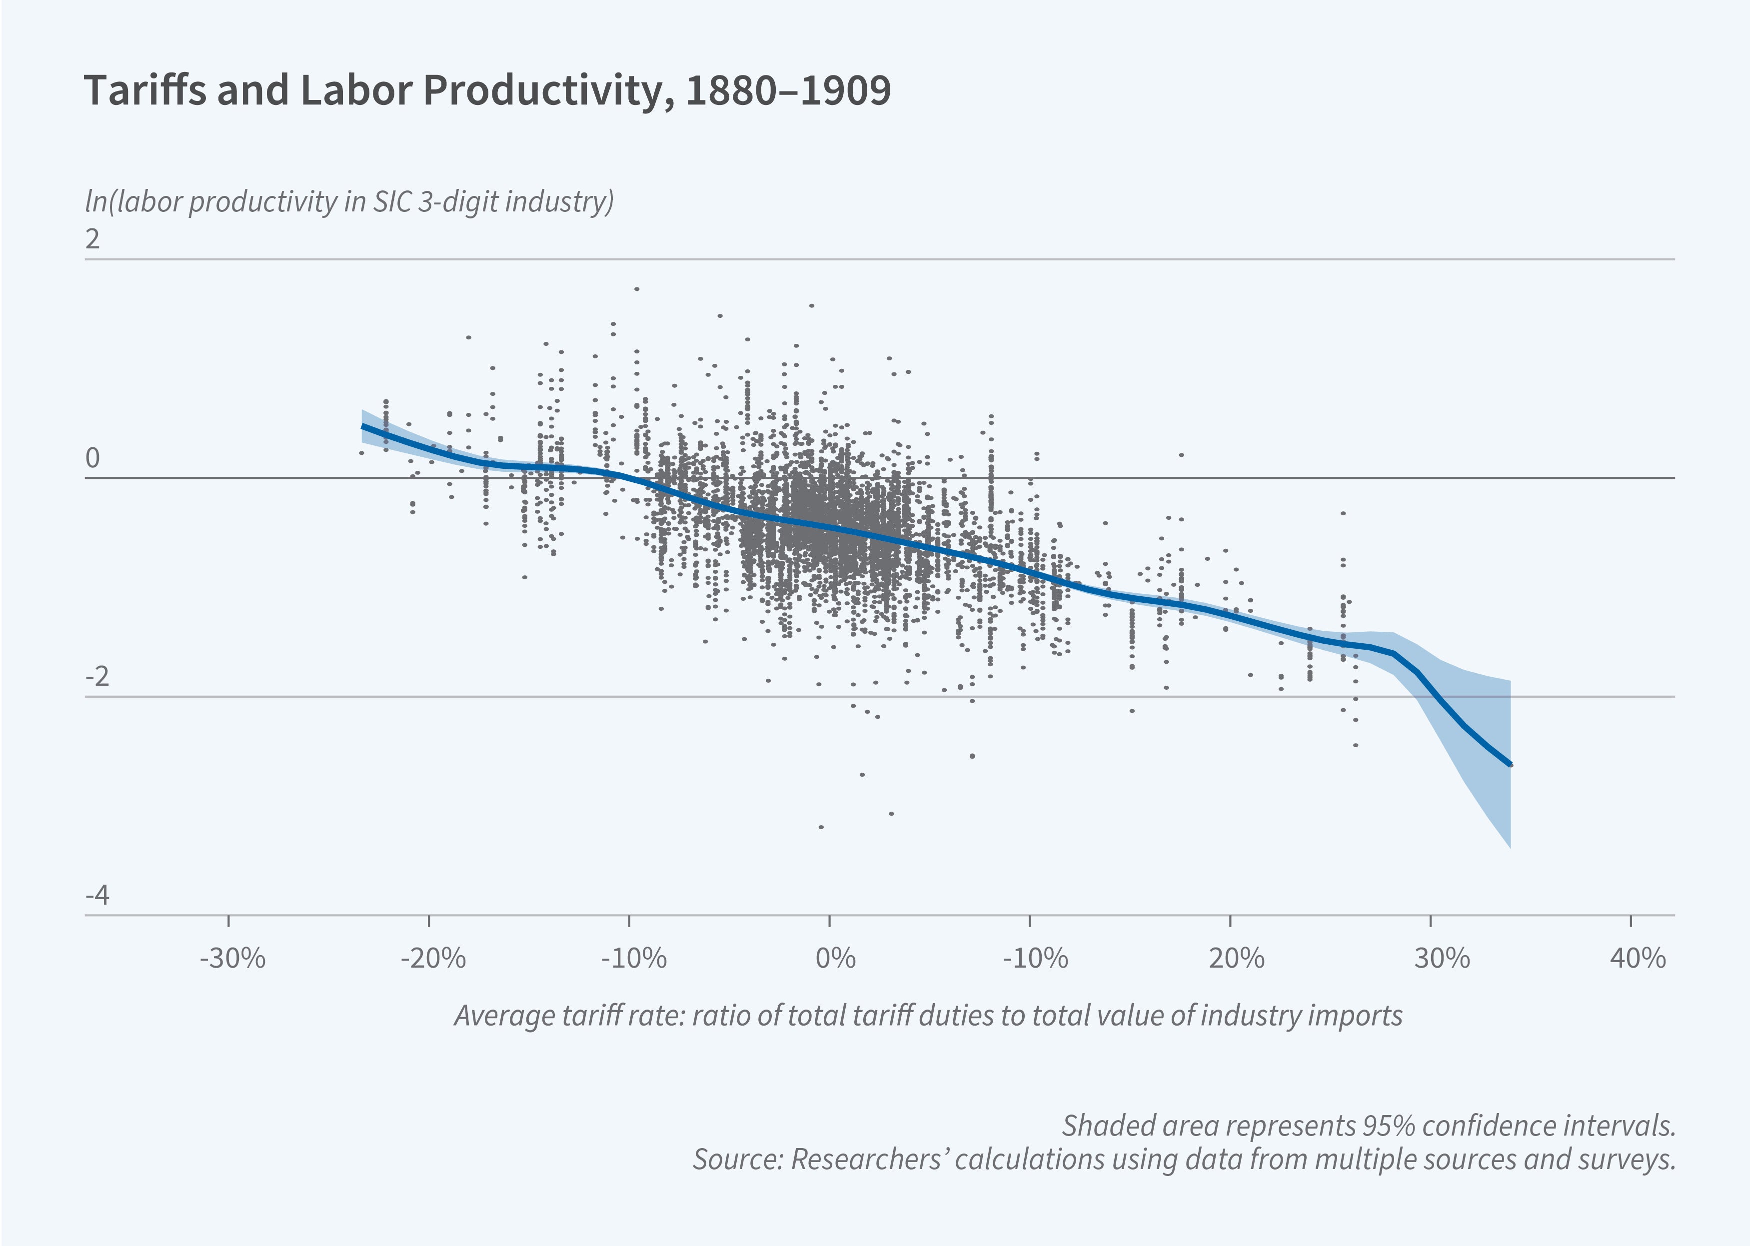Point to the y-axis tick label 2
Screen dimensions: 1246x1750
93,240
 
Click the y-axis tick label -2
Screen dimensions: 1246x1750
97,677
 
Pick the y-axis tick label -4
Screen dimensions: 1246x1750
97,895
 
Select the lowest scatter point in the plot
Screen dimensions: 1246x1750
821,827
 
